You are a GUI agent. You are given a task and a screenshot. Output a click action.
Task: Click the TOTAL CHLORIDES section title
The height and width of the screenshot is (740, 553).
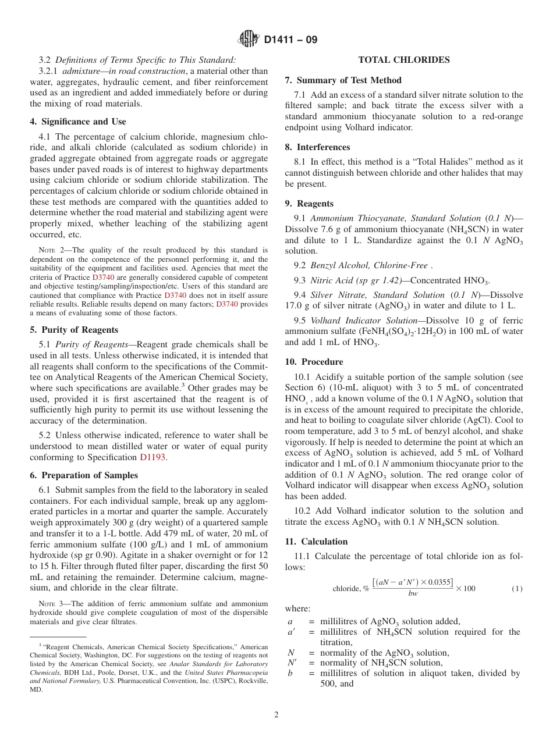click(x=403, y=60)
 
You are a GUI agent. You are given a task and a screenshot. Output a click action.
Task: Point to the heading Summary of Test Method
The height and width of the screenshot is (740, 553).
click(x=349, y=80)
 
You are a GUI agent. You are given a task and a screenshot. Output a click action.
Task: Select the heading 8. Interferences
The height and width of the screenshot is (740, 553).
click(x=317, y=147)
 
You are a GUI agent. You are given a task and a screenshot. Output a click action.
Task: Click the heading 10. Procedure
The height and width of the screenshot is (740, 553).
click(x=314, y=361)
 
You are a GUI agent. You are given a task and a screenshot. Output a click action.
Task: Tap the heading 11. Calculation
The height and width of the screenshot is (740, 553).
click(x=316, y=541)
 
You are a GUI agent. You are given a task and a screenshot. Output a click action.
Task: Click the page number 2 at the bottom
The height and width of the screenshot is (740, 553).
click(x=276, y=715)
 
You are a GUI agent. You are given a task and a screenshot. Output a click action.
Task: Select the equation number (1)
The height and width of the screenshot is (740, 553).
click(x=517, y=588)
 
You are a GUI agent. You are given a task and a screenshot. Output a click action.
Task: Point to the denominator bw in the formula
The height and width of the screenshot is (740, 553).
click(x=413, y=593)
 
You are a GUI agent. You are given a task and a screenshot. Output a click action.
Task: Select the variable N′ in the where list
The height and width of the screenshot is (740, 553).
click(x=292, y=663)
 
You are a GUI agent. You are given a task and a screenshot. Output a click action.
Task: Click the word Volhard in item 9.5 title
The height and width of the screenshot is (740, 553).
click(x=325, y=321)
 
